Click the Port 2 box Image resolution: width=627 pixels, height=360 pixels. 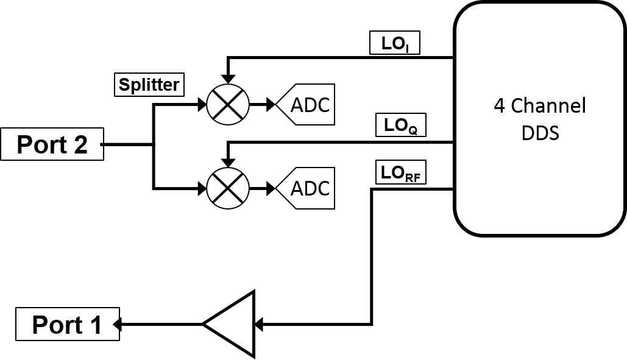click(52, 144)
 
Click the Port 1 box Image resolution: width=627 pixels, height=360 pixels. click(67, 325)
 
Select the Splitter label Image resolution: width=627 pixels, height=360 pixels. click(149, 85)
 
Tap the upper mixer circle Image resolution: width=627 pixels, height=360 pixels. click(228, 104)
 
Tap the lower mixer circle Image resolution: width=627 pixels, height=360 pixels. click(228, 188)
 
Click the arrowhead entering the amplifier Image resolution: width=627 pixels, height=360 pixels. click(258, 325)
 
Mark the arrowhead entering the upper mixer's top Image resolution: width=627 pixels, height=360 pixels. click(228, 79)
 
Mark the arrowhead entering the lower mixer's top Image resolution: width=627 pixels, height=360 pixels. click(228, 163)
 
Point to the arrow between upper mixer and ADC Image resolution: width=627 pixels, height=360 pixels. click(262, 105)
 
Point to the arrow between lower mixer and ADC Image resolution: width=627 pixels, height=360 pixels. click(262, 188)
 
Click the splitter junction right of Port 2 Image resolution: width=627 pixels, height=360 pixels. click(154, 145)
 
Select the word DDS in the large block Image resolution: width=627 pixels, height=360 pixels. click(540, 133)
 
